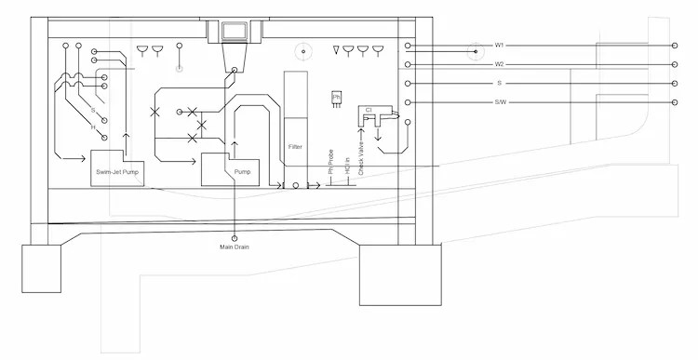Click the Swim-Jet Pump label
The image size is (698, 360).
[x=119, y=173]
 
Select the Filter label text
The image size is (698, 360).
[x=295, y=147]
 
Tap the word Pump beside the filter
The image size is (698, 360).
[x=242, y=172]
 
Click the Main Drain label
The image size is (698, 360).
[x=235, y=247]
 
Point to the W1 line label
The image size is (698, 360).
[x=500, y=46]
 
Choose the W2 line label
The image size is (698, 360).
[x=500, y=64]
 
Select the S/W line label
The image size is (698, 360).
[x=501, y=101]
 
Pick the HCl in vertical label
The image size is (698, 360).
[x=347, y=164]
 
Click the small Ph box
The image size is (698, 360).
[x=336, y=96]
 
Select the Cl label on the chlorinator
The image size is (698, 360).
[x=369, y=110]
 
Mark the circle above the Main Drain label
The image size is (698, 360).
[x=235, y=236]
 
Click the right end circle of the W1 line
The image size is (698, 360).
[x=675, y=46]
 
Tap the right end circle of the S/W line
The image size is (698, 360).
[x=675, y=101]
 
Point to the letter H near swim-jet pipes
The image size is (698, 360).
[x=93, y=127]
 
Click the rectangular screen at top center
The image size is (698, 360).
[x=234, y=32]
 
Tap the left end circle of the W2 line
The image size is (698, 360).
[x=408, y=64]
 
